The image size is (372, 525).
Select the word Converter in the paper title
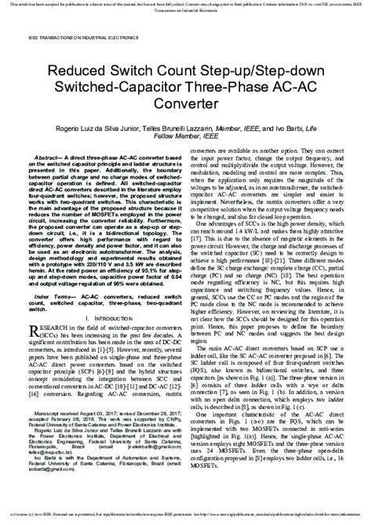tap(186, 103)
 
